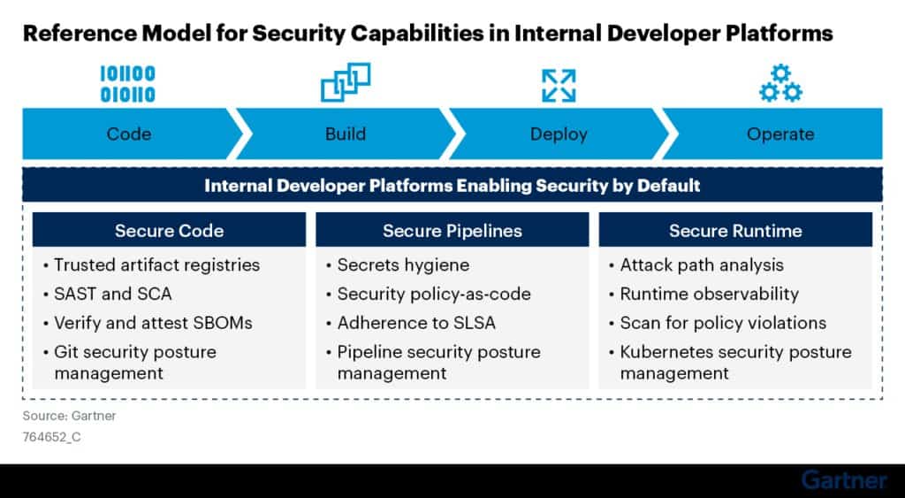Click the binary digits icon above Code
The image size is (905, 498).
pos(127,84)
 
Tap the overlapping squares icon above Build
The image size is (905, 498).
pos(346,82)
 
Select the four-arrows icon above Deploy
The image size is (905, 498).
pos(559,86)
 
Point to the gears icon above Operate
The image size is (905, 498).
pos(780,84)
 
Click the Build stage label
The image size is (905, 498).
pos(346,134)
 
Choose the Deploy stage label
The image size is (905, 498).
pos(559,134)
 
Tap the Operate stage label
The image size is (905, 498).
pos(780,134)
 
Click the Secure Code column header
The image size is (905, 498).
pos(169,231)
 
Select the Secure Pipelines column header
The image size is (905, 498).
pos(452,231)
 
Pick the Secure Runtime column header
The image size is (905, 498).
pos(735,231)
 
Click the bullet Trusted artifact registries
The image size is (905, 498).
pos(152,265)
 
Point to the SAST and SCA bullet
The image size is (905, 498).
pos(107,294)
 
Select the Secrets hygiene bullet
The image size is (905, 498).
pos(398,265)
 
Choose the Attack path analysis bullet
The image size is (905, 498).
pos(696,265)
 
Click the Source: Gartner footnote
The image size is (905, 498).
pos(69,416)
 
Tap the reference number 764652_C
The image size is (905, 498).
pos(52,437)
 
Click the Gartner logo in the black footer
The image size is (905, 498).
pos(844,480)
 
